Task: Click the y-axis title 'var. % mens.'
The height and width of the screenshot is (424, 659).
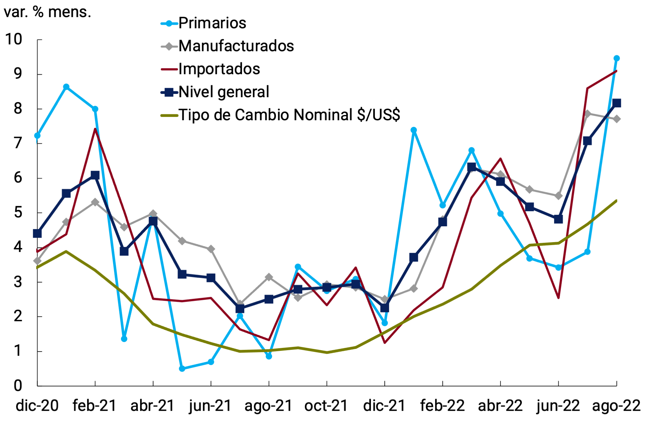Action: pos(47,12)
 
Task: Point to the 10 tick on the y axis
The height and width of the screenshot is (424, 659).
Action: pos(14,39)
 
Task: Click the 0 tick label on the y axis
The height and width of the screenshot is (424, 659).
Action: pos(18,385)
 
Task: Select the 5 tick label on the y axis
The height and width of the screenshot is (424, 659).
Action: pos(18,212)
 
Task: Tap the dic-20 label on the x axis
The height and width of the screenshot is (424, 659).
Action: pos(37,406)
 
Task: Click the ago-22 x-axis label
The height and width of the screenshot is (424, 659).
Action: pos(616,406)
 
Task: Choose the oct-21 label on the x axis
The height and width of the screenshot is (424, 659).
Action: pos(326,406)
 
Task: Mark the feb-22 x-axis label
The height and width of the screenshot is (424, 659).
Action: pos(442,406)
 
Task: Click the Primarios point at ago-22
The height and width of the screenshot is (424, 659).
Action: pos(616,58)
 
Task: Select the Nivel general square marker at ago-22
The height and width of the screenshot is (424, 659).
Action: pos(616,103)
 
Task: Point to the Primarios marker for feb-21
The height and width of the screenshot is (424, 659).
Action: pos(95,109)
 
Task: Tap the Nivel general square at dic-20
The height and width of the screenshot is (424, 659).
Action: pos(37,234)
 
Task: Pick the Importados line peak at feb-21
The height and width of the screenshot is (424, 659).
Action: pos(95,129)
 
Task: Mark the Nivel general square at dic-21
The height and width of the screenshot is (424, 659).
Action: pos(384,308)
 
